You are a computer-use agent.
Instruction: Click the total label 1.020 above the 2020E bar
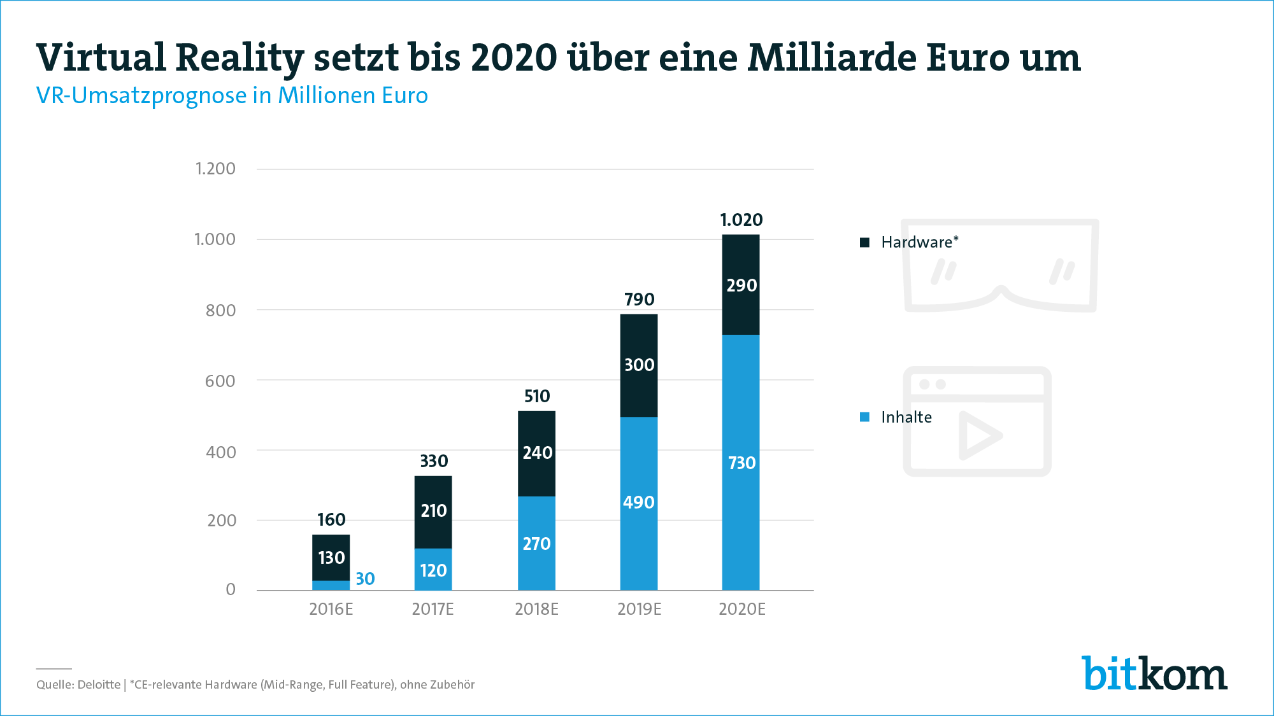click(x=741, y=220)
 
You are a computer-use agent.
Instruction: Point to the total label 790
click(x=639, y=299)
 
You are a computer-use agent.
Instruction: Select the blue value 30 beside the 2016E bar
click(x=365, y=579)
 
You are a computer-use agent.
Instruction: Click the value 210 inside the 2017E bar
click(x=433, y=510)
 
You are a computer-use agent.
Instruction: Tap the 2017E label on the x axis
click(x=433, y=609)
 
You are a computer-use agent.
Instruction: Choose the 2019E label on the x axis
click(x=639, y=609)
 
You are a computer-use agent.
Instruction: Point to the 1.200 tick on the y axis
click(x=215, y=169)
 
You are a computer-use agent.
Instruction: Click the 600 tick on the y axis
click(x=220, y=381)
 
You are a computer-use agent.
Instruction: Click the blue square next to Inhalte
click(x=864, y=417)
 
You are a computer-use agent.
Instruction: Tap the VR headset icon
click(x=1001, y=265)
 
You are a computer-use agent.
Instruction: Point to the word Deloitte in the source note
click(x=99, y=685)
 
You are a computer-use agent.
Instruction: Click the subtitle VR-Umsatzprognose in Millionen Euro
click(x=232, y=95)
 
